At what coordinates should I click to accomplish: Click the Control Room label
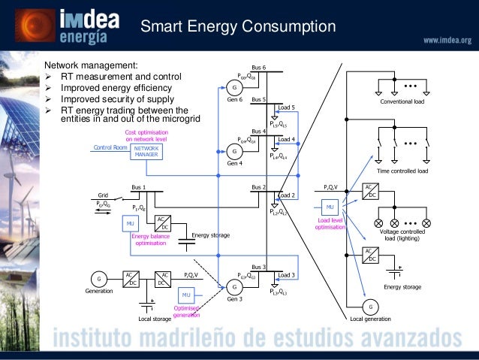tap(110, 148)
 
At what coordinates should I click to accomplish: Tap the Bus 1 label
tap(139, 186)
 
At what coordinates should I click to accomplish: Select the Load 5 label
tap(286, 107)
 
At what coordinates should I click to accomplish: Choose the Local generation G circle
tap(369, 307)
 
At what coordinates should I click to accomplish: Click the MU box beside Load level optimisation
tap(330, 206)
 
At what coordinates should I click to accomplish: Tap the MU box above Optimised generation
tap(188, 294)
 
